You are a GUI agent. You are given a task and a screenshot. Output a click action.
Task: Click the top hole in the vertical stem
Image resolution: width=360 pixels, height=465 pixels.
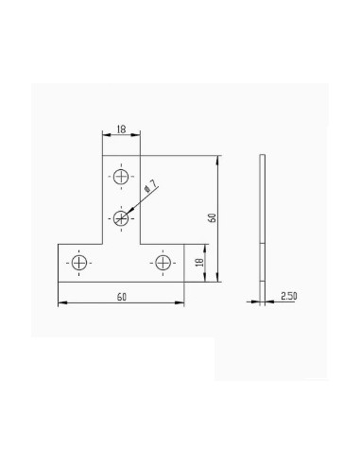tap(121, 177)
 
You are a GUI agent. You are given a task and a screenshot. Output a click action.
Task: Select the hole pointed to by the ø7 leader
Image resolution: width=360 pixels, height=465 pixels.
tap(121, 217)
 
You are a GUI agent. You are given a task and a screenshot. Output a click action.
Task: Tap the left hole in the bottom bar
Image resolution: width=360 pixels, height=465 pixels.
tap(79, 263)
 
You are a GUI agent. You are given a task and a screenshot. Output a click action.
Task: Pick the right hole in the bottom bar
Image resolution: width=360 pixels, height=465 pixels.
tap(163, 263)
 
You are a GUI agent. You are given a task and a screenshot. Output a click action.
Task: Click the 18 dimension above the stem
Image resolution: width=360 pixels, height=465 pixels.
tap(121, 129)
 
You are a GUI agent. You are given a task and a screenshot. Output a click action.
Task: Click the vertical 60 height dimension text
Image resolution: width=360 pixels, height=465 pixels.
tap(213, 218)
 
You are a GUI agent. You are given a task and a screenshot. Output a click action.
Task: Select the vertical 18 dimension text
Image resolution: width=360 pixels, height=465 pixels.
tap(199, 263)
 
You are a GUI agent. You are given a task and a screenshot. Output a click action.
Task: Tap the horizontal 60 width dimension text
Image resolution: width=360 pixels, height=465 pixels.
tap(122, 297)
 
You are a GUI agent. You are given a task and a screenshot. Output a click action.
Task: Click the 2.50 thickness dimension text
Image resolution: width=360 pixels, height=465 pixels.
tap(289, 296)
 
